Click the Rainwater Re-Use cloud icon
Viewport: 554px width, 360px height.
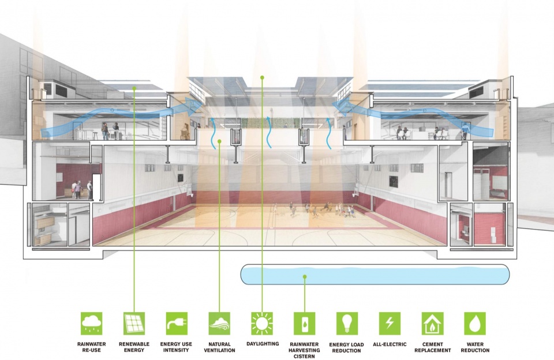coord(92,323)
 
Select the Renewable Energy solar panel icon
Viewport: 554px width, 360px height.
coord(134,323)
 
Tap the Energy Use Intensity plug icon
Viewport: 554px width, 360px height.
coord(177,323)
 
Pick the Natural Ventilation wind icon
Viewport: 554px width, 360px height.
coord(219,323)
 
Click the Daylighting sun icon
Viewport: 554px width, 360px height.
coord(262,323)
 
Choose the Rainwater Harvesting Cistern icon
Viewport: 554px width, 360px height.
coord(305,323)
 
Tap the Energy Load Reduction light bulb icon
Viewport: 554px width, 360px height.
coord(347,323)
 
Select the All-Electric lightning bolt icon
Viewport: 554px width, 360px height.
coord(390,323)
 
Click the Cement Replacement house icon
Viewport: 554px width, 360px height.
coord(432,323)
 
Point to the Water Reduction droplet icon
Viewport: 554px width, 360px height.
coord(475,323)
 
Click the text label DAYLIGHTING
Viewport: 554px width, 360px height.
coord(263,344)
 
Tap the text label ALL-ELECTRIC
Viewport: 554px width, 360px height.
coord(390,344)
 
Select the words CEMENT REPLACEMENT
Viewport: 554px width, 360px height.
coord(432,347)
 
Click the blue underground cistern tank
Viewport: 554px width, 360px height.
coord(375,275)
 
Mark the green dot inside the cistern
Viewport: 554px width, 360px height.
coord(305,277)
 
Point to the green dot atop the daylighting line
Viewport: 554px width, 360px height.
coord(262,77)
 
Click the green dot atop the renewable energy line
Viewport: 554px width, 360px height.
coord(134,88)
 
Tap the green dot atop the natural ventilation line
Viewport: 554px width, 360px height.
coord(219,141)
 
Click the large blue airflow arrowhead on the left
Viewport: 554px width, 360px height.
coord(193,106)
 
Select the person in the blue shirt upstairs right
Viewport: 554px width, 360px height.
coord(465,131)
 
